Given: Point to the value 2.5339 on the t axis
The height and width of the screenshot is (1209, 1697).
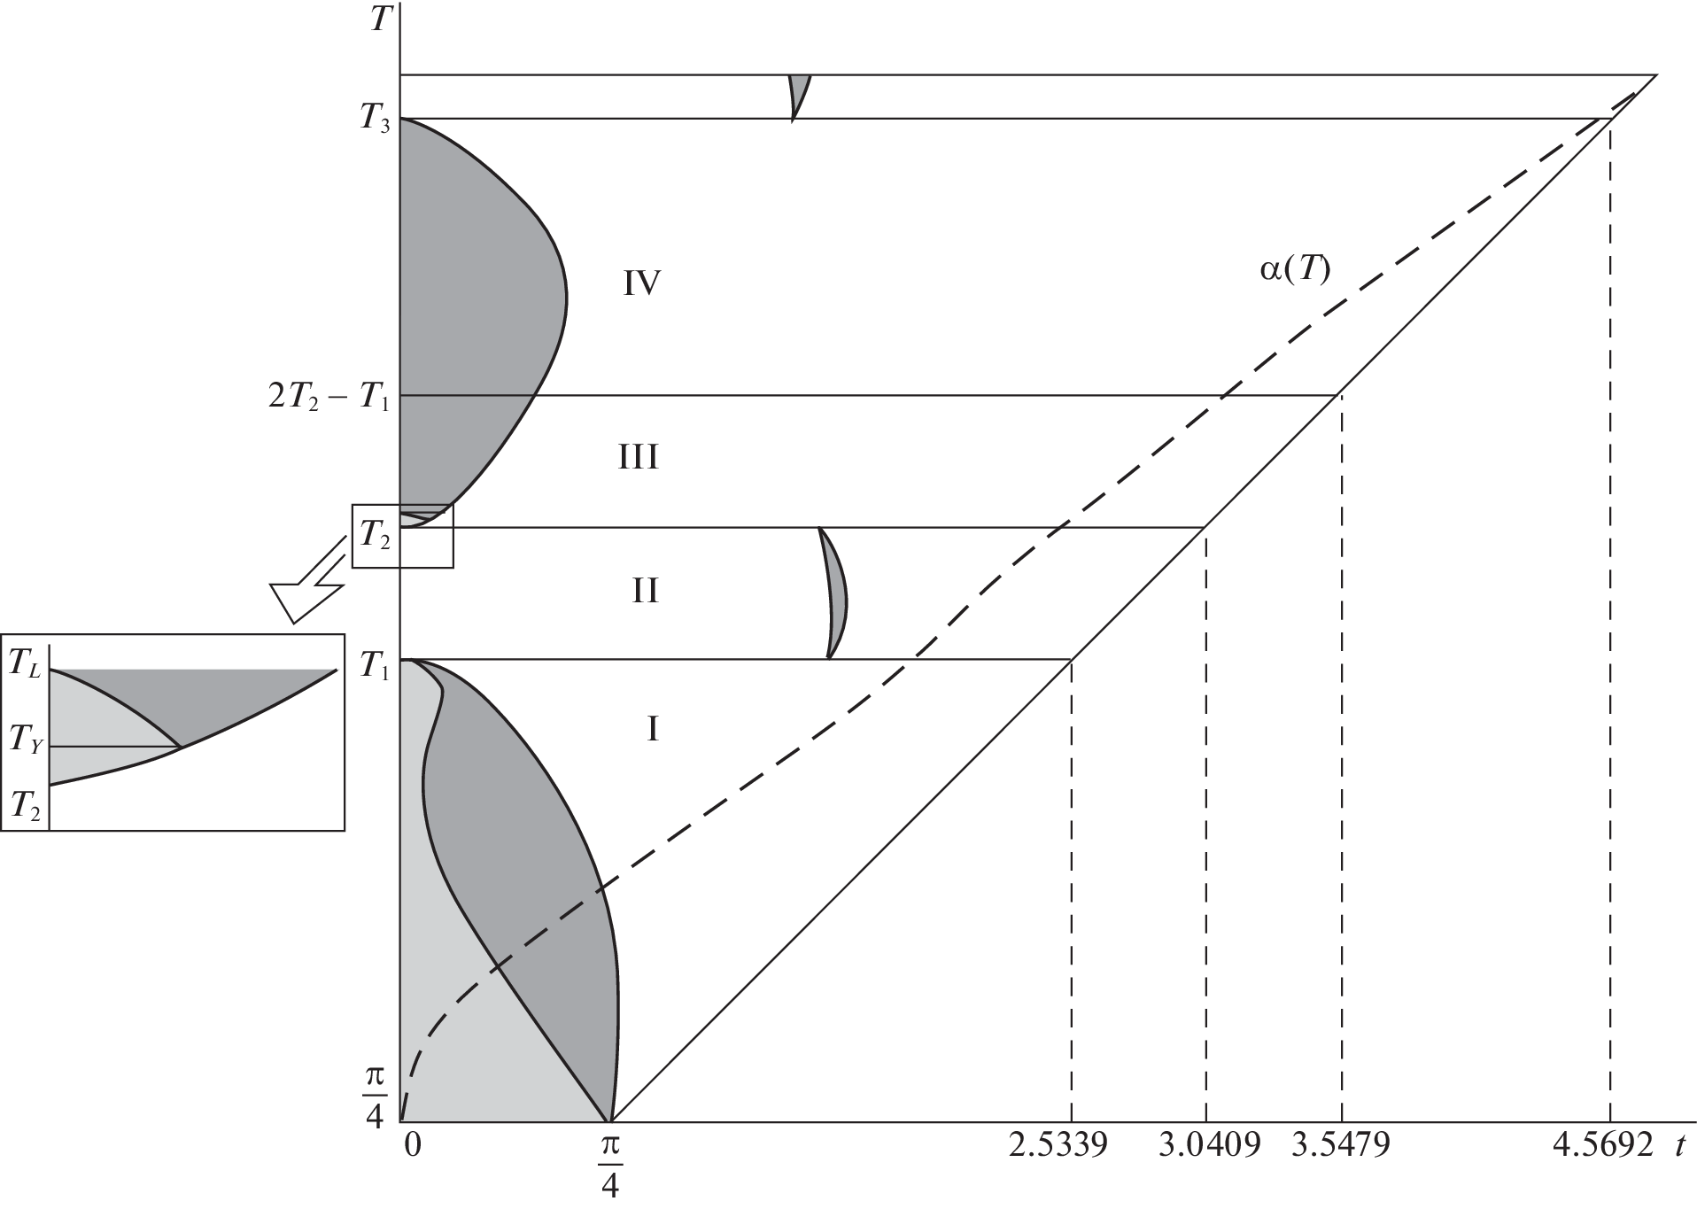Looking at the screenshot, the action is (x=1058, y=1145).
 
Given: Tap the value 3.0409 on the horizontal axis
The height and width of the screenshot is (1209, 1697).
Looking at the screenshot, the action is (x=1210, y=1145).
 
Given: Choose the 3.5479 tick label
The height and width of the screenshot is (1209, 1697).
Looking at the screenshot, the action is (x=1341, y=1145).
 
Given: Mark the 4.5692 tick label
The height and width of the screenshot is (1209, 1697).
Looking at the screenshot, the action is (x=1604, y=1145).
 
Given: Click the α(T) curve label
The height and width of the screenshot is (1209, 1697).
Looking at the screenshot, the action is (x=1295, y=269).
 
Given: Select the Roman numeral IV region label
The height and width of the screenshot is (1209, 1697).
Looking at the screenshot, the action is (x=643, y=283).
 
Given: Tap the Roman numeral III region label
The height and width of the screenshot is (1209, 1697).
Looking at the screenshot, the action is (x=639, y=458).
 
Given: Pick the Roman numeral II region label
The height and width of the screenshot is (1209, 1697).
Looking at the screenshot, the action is (x=645, y=590).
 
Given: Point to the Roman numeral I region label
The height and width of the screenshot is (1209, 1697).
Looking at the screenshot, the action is (x=653, y=729).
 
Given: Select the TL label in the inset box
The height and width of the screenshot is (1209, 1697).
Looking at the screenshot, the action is (x=24, y=664).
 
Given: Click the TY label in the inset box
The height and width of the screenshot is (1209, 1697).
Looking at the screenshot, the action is (x=25, y=740).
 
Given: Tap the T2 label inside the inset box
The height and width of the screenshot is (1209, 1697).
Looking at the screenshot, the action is (x=24, y=806).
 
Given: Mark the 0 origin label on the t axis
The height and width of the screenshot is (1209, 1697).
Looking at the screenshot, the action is (x=413, y=1145).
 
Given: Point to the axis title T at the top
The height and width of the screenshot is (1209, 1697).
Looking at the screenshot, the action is (x=380, y=19).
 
